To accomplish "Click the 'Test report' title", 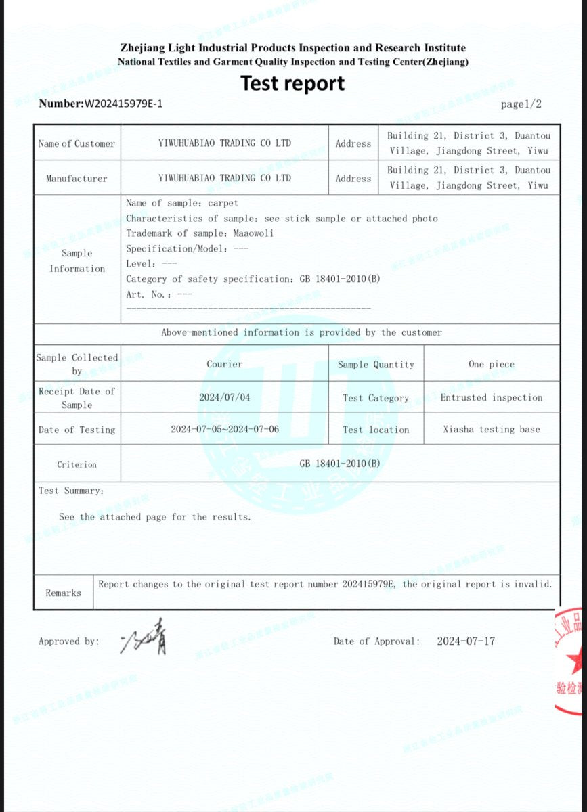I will coord(292,84).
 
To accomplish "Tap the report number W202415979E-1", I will coord(123,104).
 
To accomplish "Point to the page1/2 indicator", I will coord(521,104).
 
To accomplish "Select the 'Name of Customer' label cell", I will coord(77,143).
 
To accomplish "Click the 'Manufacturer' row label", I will coord(77,179).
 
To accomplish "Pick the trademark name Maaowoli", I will coord(253,233).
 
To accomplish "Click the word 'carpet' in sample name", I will coord(223,203).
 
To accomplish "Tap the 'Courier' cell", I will coord(224,364).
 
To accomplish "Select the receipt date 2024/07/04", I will coord(224,397).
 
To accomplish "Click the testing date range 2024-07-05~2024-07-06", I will coord(224,430).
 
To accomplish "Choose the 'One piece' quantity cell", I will coord(491,364).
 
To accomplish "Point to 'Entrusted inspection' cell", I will coord(491,397).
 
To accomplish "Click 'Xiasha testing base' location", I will coord(491,430).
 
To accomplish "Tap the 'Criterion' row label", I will coord(77,465).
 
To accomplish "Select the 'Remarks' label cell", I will coord(63,593).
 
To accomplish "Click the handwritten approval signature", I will coord(144,638).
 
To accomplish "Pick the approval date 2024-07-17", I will coord(465,641).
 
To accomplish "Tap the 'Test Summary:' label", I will coord(71,491).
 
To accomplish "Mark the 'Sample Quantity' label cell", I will coord(376,364).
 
